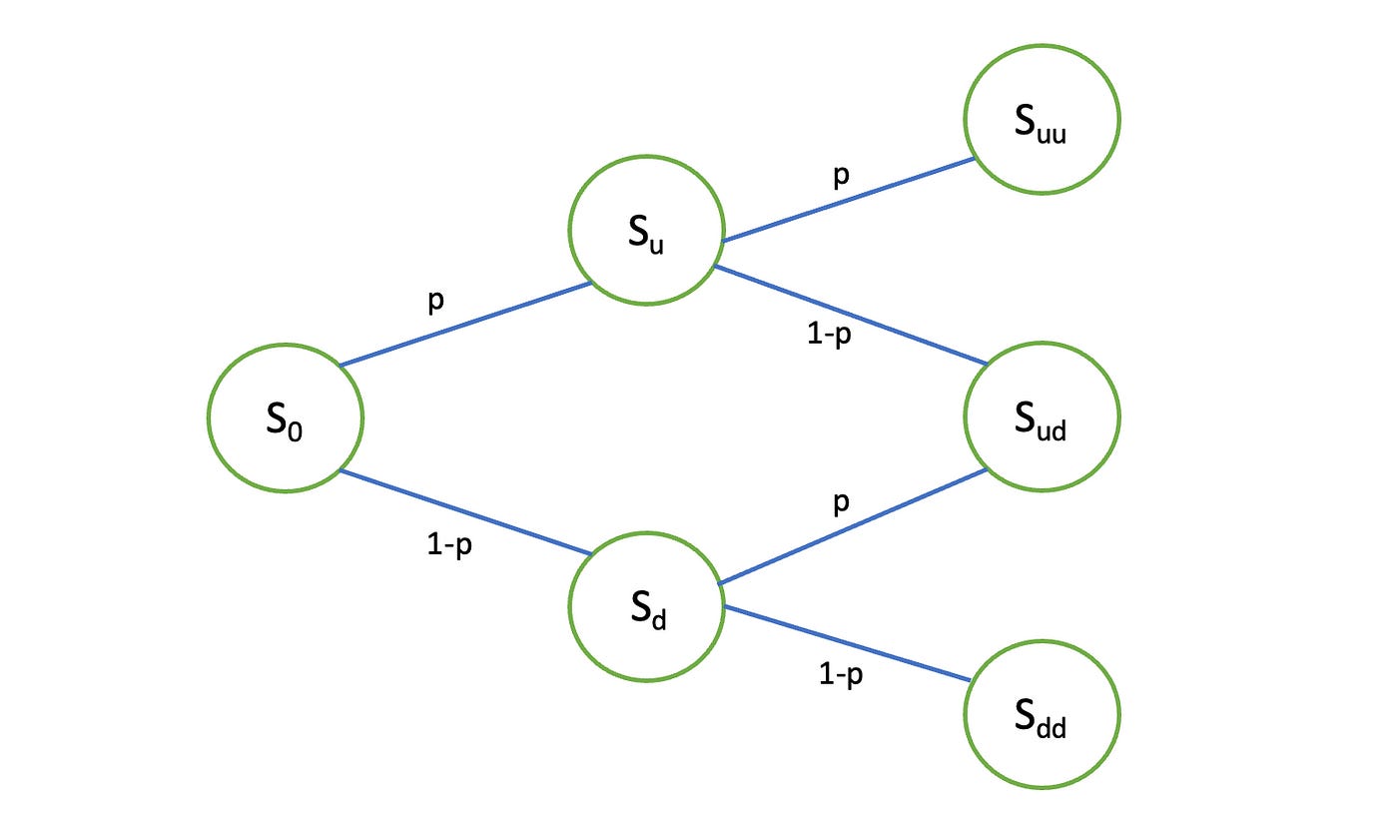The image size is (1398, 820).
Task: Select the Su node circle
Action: tap(646, 229)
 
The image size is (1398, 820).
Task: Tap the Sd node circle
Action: tap(646, 609)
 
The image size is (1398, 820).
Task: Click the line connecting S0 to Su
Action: tap(466, 324)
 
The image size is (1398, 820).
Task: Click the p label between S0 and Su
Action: tap(435, 302)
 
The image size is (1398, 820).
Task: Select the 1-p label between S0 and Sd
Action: tap(449, 547)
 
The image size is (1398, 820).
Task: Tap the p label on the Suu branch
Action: tap(841, 175)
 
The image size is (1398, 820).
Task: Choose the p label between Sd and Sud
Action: tap(841, 501)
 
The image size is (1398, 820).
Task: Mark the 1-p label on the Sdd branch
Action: tap(841, 676)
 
